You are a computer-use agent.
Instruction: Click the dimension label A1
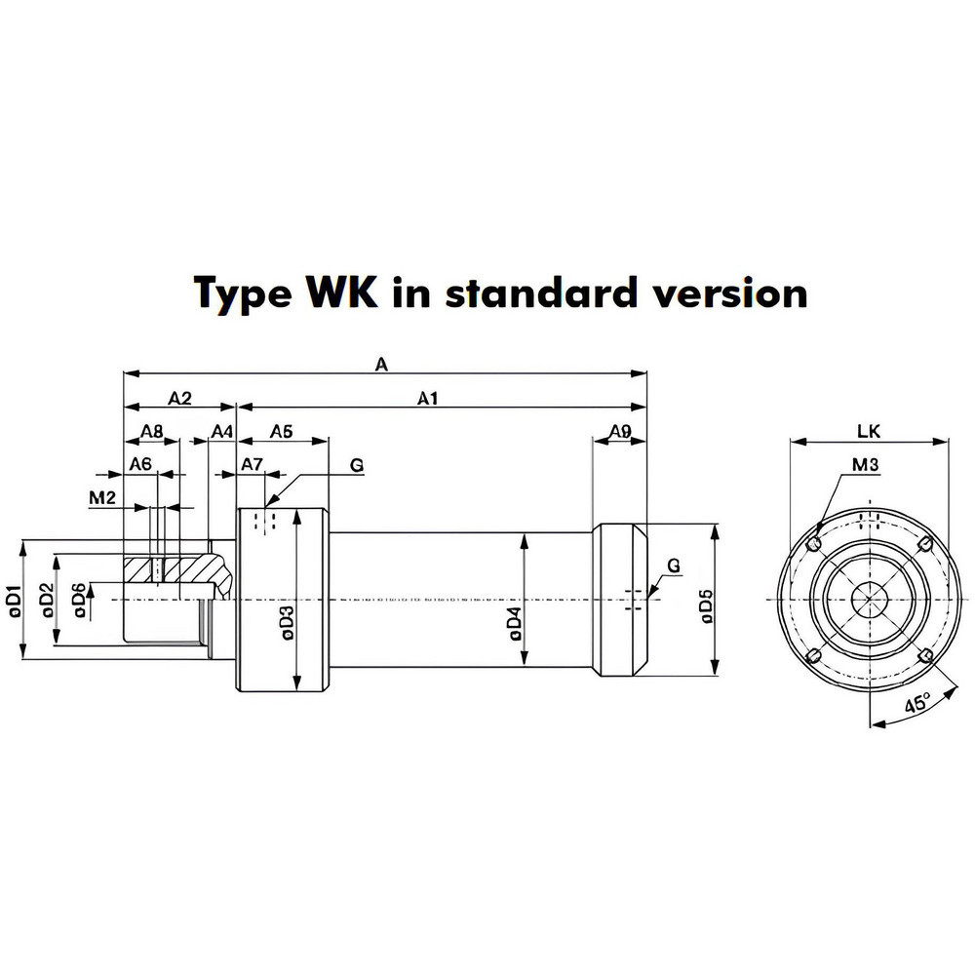[x=427, y=398]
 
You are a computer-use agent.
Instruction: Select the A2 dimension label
[x=180, y=398]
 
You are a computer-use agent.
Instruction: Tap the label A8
[x=152, y=431]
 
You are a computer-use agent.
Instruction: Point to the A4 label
[x=222, y=431]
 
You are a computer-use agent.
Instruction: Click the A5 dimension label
[x=281, y=431]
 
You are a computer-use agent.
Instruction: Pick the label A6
[x=140, y=464]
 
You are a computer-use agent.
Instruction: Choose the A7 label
[x=252, y=464]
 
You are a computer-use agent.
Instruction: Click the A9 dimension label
[x=620, y=431]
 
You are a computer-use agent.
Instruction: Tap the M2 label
[x=102, y=497]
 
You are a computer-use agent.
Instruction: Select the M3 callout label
[x=865, y=464]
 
